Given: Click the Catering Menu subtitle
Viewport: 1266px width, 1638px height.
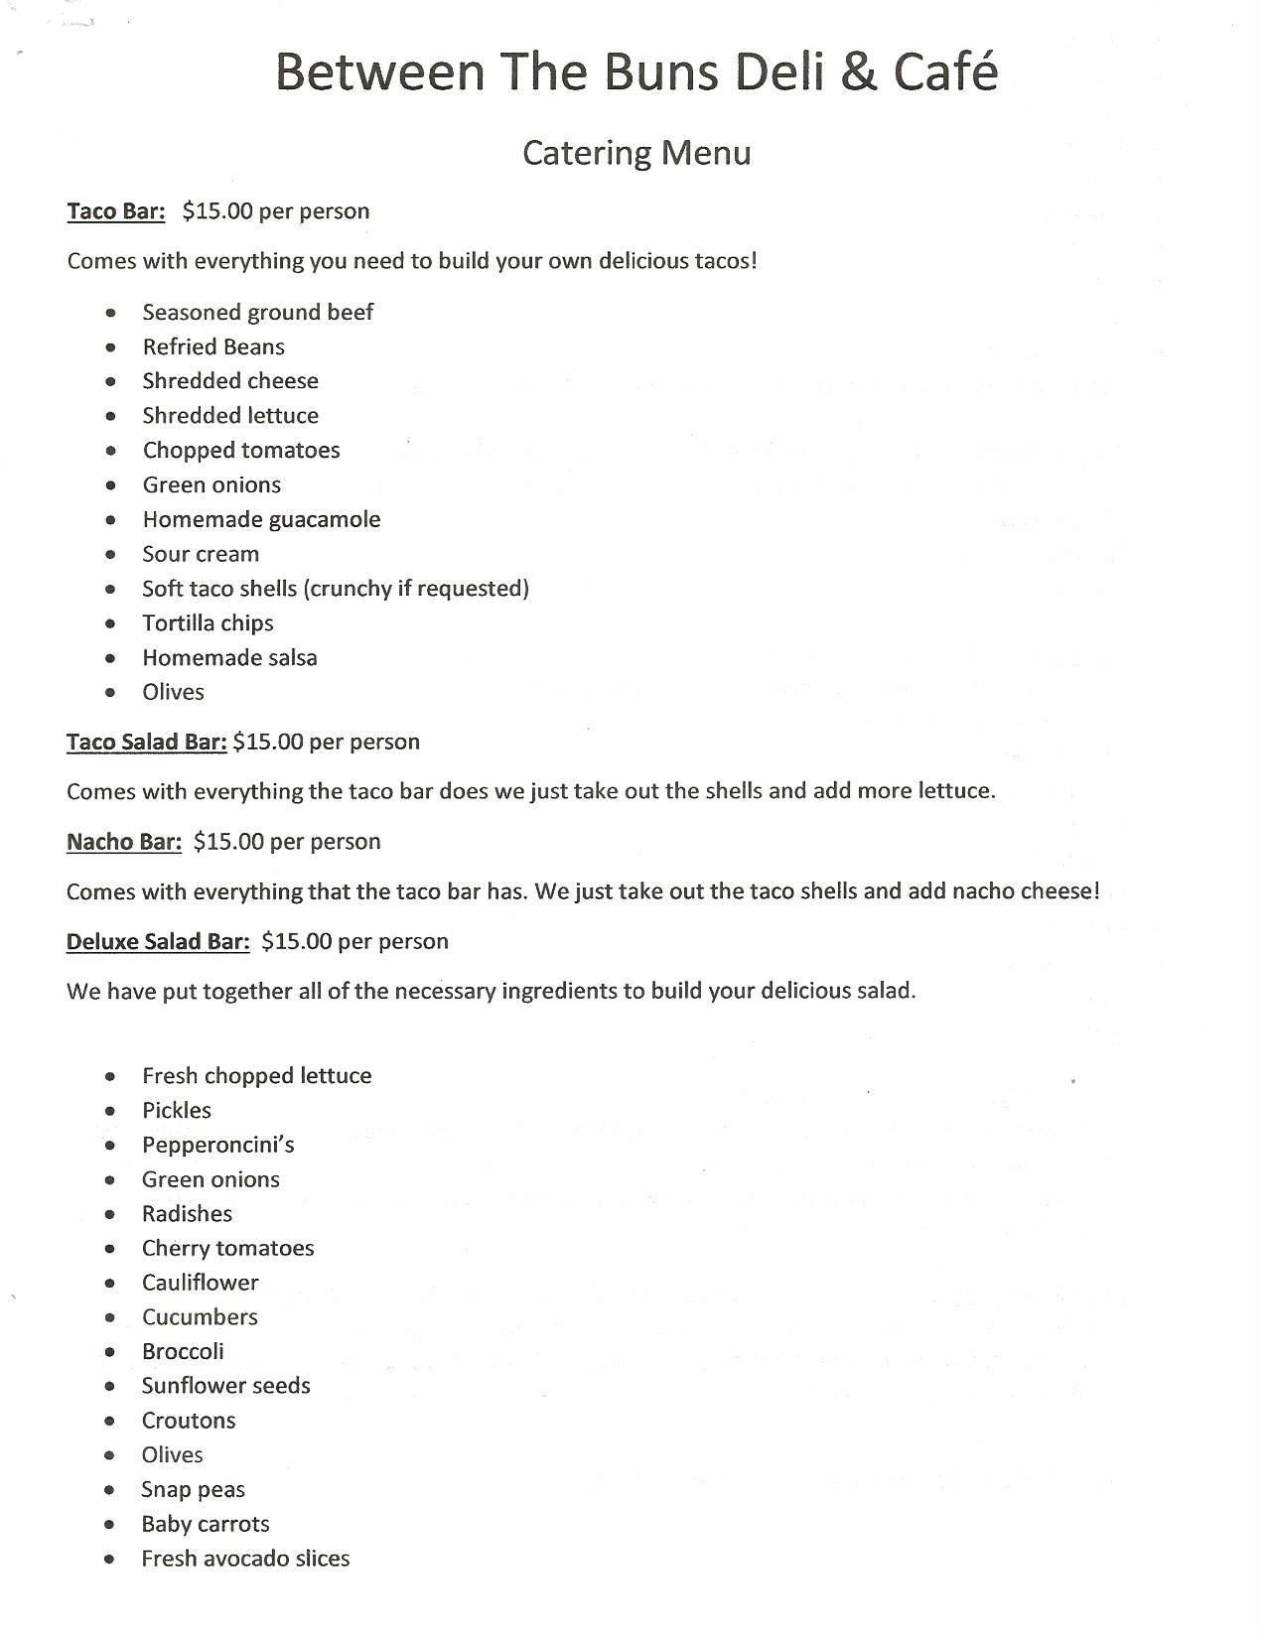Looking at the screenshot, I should [636, 153].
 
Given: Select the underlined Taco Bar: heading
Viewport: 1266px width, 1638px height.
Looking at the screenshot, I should [115, 211].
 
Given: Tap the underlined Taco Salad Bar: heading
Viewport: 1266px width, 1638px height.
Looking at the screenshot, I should [147, 743].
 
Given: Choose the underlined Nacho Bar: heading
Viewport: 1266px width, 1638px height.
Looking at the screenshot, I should [124, 842].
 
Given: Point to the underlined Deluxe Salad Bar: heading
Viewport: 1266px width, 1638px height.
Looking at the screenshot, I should [158, 941].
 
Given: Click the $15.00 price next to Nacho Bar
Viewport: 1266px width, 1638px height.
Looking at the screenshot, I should [228, 842].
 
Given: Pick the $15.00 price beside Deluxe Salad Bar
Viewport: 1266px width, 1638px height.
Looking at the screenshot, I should [296, 941].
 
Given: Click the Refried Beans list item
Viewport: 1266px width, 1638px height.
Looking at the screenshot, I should [213, 346].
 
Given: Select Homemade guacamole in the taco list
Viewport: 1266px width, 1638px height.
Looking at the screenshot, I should [261, 519].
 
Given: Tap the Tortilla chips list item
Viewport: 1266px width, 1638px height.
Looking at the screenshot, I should [208, 623].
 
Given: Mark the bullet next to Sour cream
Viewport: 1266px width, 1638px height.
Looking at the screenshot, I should [111, 555].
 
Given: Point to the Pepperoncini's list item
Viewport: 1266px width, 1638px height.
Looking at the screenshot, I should [218, 1145].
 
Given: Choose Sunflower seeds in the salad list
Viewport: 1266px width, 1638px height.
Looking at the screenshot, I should [225, 1386].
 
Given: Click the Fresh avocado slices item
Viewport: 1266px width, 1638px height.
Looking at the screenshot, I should [245, 1559].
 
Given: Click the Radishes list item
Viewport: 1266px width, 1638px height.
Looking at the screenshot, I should [187, 1214].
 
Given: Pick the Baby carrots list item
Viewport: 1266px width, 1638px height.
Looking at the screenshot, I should [206, 1524].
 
